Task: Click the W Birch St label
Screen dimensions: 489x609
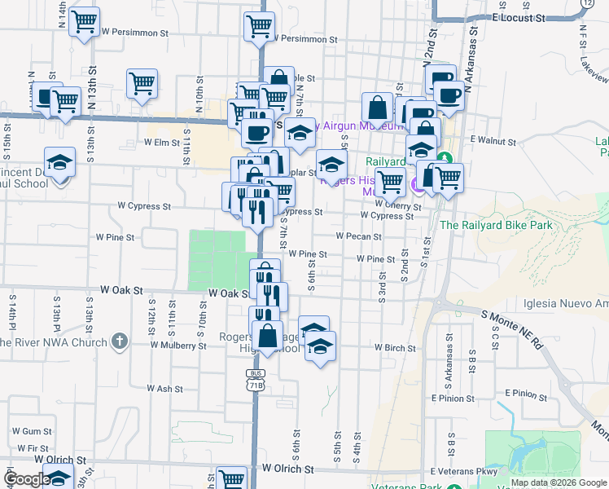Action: click(395, 347)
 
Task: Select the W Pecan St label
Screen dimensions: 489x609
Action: click(359, 236)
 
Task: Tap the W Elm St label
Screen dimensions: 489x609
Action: click(161, 142)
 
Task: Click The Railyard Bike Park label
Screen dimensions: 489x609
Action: click(496, 225)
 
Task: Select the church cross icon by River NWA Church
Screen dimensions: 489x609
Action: click(119, 341)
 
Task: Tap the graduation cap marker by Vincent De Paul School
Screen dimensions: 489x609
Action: click(60, 163)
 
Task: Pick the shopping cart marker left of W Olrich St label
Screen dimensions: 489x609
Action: click(232, 478)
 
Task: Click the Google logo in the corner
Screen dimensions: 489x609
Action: click(27, 479)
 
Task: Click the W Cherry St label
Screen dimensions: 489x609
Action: click(397, 206)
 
